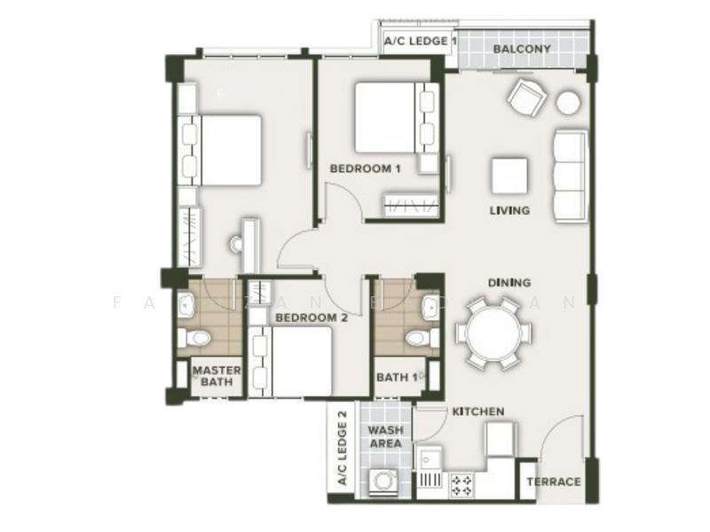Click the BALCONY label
coord(522,49)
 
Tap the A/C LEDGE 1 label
coord(420,42)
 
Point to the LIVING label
coord(509,211)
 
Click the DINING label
coord(509,283)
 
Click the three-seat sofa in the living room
coord(570,175)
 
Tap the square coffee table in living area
coord(509,176)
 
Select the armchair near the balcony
coord(526,98)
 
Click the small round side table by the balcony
coord(568,103)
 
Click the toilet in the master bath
coord(194,338)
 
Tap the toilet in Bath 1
coord(418,338)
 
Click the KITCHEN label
coord(478,411)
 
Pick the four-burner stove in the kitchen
coord(462,484)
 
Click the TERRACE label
coord(554,481)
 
